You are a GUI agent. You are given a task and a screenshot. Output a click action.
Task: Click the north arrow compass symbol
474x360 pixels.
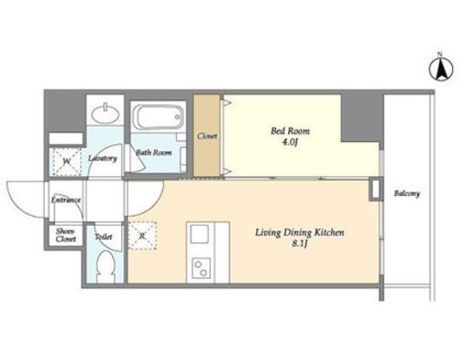441,69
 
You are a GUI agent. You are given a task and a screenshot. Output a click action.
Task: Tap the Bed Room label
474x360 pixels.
290,131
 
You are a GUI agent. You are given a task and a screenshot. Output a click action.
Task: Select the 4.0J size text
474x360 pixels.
290,142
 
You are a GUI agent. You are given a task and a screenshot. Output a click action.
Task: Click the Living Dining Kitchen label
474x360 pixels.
300,232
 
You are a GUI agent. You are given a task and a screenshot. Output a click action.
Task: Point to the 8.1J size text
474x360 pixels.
299,243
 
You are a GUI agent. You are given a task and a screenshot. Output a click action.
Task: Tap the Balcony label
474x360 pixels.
407,193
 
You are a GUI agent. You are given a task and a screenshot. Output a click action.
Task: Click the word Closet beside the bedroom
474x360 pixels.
207,136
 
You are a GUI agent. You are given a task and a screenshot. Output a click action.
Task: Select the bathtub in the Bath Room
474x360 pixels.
158,117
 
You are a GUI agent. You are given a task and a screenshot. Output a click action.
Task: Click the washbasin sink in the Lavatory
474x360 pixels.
105,114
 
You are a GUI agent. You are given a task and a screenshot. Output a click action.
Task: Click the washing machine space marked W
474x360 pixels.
67,161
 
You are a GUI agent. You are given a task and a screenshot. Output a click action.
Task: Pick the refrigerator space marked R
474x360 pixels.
142,235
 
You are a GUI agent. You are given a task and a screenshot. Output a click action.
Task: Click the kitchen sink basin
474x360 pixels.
200,234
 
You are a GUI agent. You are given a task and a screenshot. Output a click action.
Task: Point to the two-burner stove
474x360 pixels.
201,268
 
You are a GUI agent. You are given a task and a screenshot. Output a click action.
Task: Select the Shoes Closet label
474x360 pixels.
66,235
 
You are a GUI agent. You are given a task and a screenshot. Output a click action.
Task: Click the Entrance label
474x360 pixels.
66,200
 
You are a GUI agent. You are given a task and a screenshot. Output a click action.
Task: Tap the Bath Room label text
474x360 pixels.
154,152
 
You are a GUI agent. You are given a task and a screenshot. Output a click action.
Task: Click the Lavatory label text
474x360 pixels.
103,159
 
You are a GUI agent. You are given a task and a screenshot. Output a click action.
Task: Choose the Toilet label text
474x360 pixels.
104,237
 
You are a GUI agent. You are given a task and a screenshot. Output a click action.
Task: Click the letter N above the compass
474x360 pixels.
439,55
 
